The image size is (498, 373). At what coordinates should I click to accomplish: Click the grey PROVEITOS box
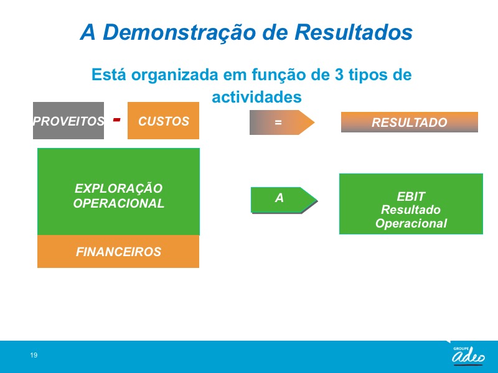[68, 121]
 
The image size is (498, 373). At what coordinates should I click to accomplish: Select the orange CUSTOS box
[163, 121]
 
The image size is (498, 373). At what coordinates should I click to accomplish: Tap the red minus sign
[117, 119]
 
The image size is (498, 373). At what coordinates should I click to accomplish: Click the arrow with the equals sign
[282, 122]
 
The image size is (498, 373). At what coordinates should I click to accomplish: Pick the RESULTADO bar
[410, 122]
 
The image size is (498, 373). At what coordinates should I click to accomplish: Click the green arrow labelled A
[284, 200]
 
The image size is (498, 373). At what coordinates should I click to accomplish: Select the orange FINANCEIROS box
[118, 252]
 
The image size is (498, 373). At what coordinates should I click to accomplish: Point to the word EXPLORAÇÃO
[118, 188]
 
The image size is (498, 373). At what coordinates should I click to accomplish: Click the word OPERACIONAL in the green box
[118, 203]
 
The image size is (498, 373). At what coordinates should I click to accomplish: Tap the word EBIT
[411, 196]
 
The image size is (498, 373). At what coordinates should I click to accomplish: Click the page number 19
[34, 355]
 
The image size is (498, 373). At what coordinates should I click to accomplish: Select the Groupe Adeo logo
[468, 355]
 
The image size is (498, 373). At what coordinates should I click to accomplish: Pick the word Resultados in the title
[354, 32]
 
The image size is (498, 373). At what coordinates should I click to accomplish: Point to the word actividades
[256, 97]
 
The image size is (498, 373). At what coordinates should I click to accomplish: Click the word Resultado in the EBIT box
[411, 210]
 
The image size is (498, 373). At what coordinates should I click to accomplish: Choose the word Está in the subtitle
[108, 75]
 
